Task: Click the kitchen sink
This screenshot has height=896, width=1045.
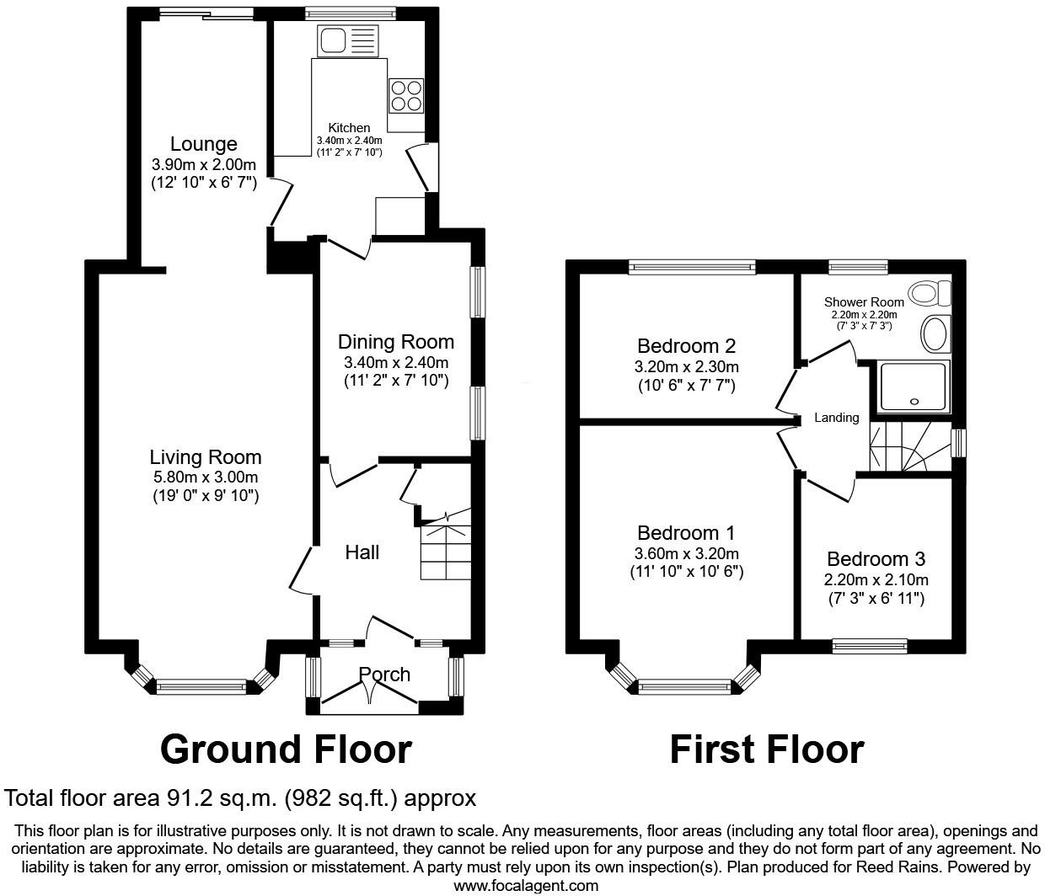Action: (349, 40)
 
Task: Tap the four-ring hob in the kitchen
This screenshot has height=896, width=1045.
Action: (405, 95)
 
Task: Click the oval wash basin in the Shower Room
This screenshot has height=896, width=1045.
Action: (934, 334)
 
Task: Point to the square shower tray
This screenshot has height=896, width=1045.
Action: (913, 387)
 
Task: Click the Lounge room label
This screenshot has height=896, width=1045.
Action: (203, 144)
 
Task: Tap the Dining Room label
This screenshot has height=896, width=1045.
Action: (395, 342)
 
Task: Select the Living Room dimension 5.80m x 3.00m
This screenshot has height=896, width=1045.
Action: (205, 477)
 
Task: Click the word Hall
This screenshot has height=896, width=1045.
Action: (362, 552)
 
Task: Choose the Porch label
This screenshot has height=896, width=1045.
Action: (384, 675)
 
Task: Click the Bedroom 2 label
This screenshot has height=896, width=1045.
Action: (686, 345)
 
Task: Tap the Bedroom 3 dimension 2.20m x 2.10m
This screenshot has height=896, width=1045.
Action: (876, 579)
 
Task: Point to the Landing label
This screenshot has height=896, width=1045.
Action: (836, 418)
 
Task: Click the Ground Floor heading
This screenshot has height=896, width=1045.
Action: (286, 749)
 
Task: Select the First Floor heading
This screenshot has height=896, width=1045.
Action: (766, 749)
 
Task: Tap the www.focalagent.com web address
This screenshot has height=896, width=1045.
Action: (526, 885)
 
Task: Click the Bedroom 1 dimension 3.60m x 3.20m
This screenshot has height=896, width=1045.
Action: (686, 553)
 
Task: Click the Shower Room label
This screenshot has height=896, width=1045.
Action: (864, 301)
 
